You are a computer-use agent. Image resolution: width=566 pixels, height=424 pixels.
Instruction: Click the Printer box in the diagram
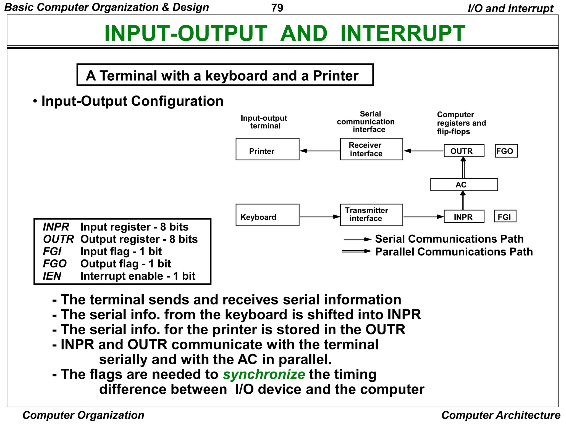(x=267, y=149)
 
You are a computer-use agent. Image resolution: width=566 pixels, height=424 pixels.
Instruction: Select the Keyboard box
(x=267, y=215)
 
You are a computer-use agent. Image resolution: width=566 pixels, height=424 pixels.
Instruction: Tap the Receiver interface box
(x=371, y=149)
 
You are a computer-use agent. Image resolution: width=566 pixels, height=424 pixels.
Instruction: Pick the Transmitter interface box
(x=371, y=215)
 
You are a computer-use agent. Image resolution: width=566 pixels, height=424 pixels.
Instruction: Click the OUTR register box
(x=464, y=151)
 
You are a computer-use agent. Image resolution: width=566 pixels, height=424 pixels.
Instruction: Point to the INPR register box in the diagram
(x=464, y=217)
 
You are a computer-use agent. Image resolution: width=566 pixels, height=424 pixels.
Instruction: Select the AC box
(x=464, y=184)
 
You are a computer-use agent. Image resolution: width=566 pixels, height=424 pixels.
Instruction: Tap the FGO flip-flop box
(x=506, y=151)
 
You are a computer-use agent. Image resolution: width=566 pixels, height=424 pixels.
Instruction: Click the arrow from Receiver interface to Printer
(x=320, y=151)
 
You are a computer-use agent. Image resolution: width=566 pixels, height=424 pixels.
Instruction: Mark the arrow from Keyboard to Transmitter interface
(x=320, y=217)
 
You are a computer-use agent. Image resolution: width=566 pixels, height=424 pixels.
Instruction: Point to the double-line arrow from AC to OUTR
(x=463, y=168)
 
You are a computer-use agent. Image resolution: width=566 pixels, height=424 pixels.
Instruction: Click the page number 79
(x=277, y=8)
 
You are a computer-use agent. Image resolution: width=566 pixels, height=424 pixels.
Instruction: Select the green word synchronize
(x=264, y=375)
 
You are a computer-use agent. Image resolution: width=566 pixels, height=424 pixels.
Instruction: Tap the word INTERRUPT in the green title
(x=403, y=33)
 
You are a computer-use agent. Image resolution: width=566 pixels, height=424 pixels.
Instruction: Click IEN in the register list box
(x=52, y=276)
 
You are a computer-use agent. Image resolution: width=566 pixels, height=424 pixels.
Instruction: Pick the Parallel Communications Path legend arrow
(x=357, y=251)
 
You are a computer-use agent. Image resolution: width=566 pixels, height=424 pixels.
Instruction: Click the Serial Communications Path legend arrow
(x=357, y=239)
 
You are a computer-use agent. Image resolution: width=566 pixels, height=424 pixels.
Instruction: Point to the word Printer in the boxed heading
(x=336, y=76)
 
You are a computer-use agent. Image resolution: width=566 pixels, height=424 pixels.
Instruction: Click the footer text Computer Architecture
(x=501, y=415)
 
